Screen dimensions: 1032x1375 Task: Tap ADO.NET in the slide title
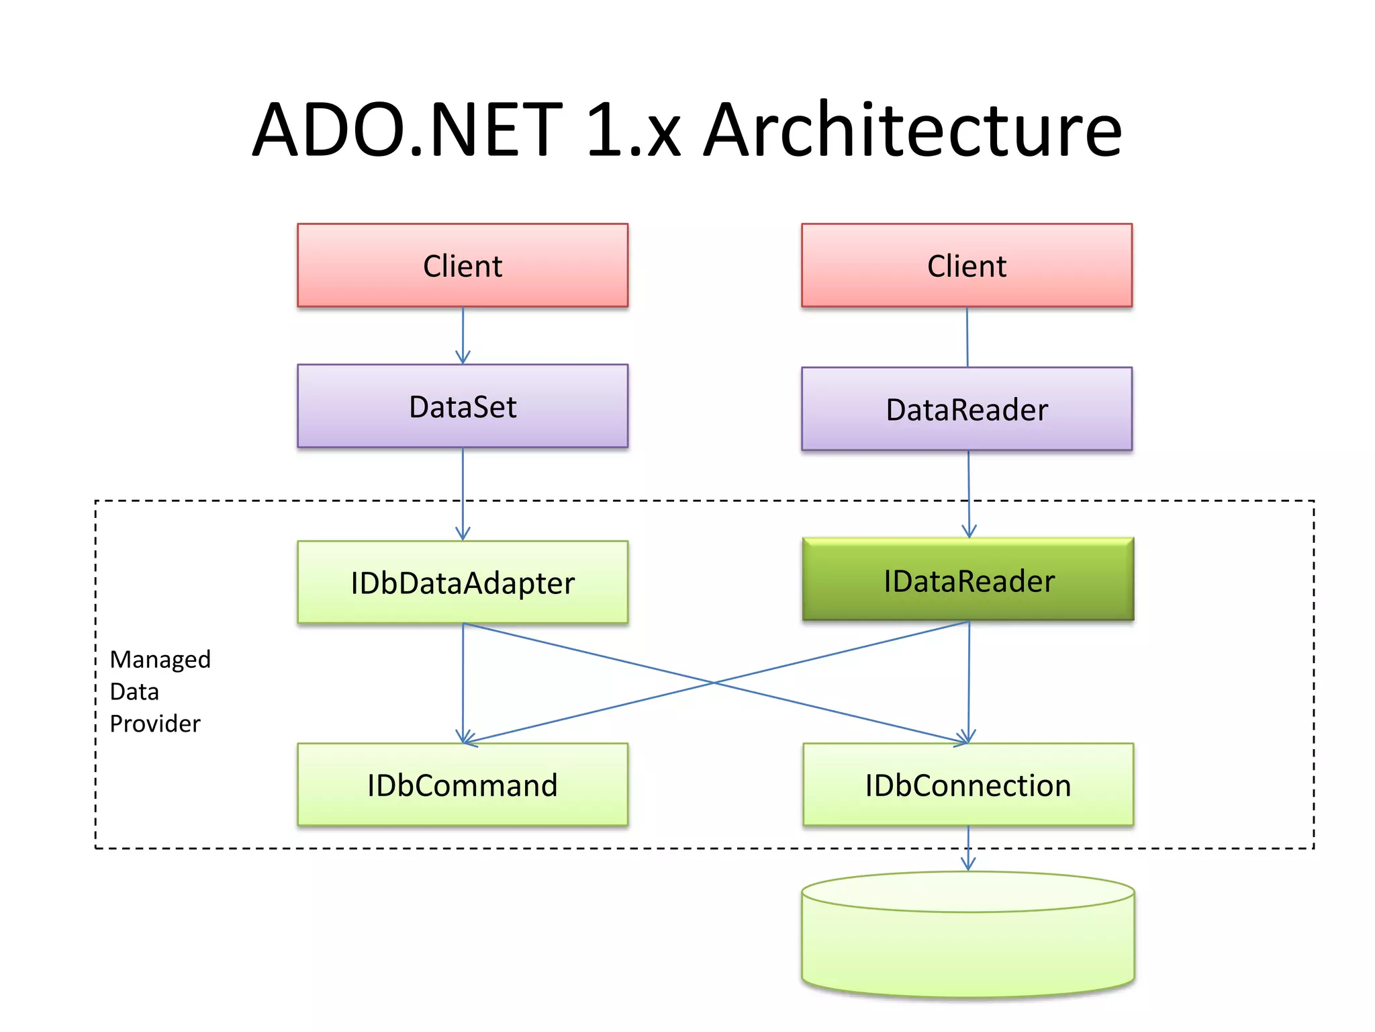click(x=408, y=131)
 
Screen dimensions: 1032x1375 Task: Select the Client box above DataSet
click(x=463, y=266)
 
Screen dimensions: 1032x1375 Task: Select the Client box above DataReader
click(x=967, y=266)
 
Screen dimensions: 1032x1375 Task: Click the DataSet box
click(x=463, y=406)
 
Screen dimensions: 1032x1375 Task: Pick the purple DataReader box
click(x=967, y=409)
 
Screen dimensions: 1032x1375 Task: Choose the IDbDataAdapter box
click(x=463, y=583)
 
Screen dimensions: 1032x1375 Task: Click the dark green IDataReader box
click(x=968, y=580)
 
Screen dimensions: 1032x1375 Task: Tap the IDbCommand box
click(x=463, y=785)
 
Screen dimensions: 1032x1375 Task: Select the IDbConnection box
click(x=968, y=785)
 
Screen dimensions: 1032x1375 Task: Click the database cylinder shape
click(x=968, y=941)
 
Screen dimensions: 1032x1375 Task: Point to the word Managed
click(x=160, y=659)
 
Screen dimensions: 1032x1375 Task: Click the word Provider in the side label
click(x=154, y=724)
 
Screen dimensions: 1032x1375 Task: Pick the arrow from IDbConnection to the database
click(x=968, y=848)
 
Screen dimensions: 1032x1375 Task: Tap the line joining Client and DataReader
click(x=967, y=336)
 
